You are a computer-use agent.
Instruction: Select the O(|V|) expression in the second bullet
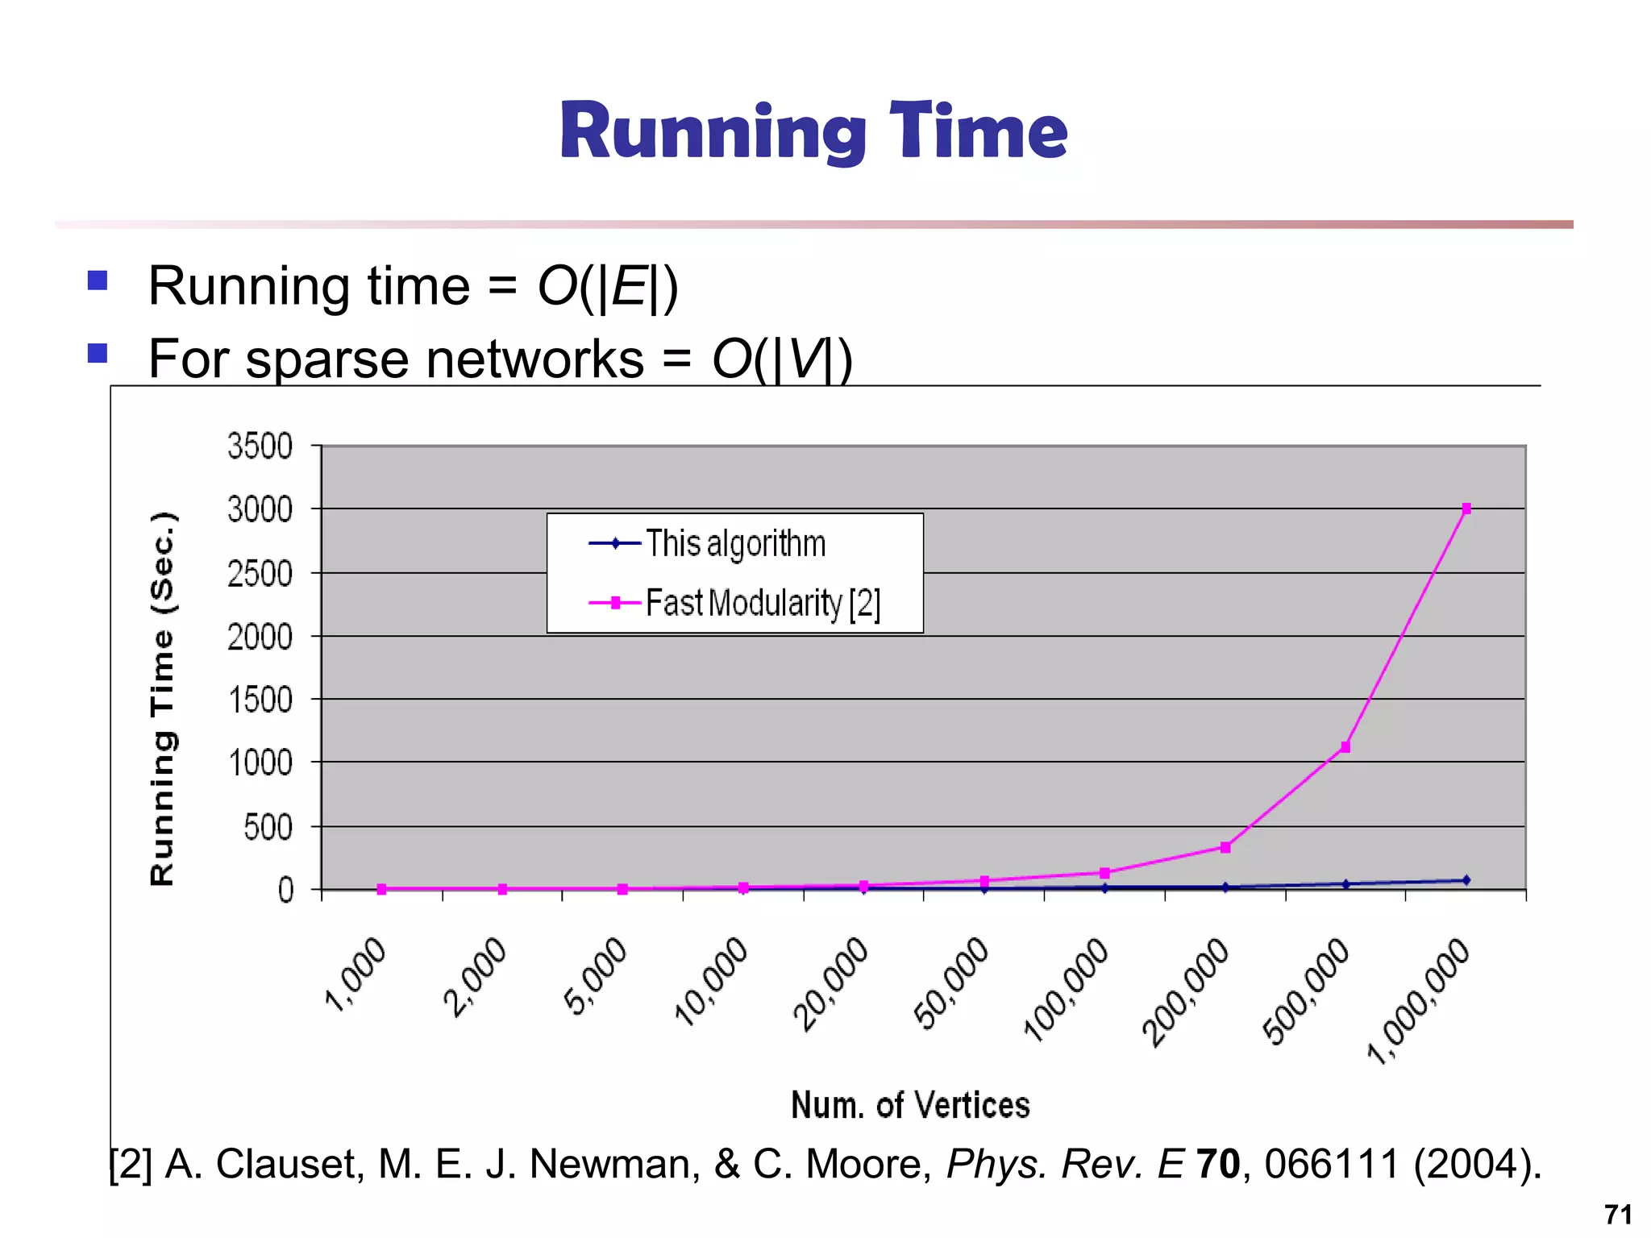(x=782, y=359)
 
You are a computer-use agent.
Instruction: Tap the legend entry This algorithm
(x=735, y=543)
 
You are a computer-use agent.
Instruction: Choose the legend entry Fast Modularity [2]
(x=762, y=603)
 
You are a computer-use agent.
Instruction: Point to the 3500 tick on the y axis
(x=260, y=446)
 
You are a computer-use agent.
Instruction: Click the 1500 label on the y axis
(x=260, y=700)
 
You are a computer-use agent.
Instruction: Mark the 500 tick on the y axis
(x=268, y=827)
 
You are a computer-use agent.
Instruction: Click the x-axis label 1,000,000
(x=1419, y=1001)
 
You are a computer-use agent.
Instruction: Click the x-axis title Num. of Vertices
(x=910, y=1105)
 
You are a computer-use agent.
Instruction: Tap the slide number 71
(x=1617, y=1214)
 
